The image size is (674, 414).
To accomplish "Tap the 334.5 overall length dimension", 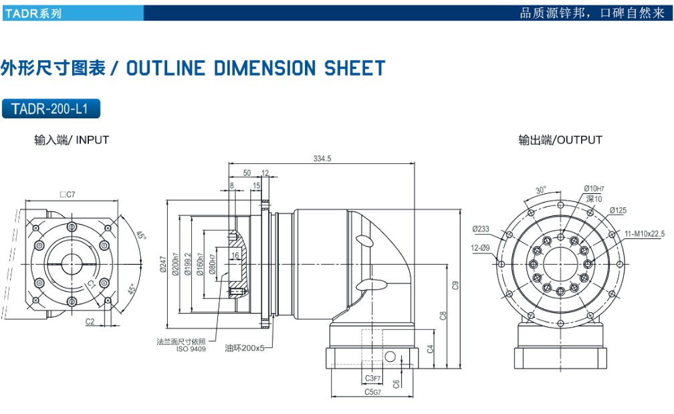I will point(322,159).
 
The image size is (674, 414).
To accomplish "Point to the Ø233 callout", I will point(481,229).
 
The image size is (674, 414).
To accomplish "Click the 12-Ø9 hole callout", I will point(481,249).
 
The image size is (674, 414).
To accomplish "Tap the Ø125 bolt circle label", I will point(618,211).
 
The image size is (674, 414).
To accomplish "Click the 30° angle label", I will point(540,189).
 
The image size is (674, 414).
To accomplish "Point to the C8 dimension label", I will point(443,315).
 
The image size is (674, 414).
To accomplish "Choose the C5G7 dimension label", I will point(373,392).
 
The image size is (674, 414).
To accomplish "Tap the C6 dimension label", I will point(397,384).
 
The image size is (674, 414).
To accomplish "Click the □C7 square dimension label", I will point(67,195).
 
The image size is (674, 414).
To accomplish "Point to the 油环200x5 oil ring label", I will point(245,348).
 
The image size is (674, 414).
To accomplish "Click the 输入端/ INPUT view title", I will point(72,140).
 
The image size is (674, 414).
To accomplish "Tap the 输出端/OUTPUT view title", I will point(560,140).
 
